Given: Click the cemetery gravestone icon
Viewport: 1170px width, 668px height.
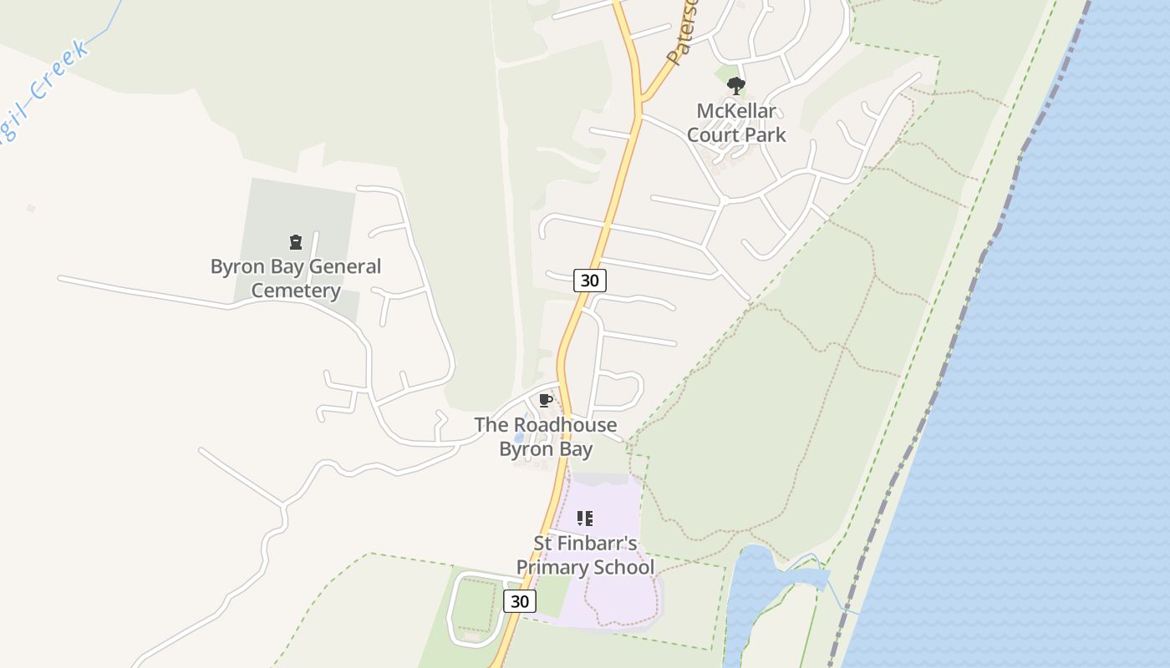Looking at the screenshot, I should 295,242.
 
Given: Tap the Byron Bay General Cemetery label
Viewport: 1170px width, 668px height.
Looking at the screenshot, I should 296,278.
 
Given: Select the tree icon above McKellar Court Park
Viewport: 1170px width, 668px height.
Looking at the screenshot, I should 735,85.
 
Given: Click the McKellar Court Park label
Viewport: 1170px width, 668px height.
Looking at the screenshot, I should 736,122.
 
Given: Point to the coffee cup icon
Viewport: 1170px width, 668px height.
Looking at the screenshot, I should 546,401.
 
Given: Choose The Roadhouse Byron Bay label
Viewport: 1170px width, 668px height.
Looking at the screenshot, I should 546,436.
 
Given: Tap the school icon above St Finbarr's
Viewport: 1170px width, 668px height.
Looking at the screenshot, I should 585,519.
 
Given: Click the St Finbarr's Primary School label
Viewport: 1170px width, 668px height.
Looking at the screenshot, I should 585,555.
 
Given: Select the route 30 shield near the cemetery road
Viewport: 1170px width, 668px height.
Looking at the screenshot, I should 589,281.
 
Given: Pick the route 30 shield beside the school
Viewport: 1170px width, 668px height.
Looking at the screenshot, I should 520,601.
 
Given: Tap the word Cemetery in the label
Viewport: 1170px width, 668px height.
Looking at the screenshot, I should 296,291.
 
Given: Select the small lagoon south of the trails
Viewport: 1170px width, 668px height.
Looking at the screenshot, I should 756,584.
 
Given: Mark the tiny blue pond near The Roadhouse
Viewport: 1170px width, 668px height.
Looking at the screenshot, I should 519,436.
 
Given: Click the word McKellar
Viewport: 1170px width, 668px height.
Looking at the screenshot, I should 736,110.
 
